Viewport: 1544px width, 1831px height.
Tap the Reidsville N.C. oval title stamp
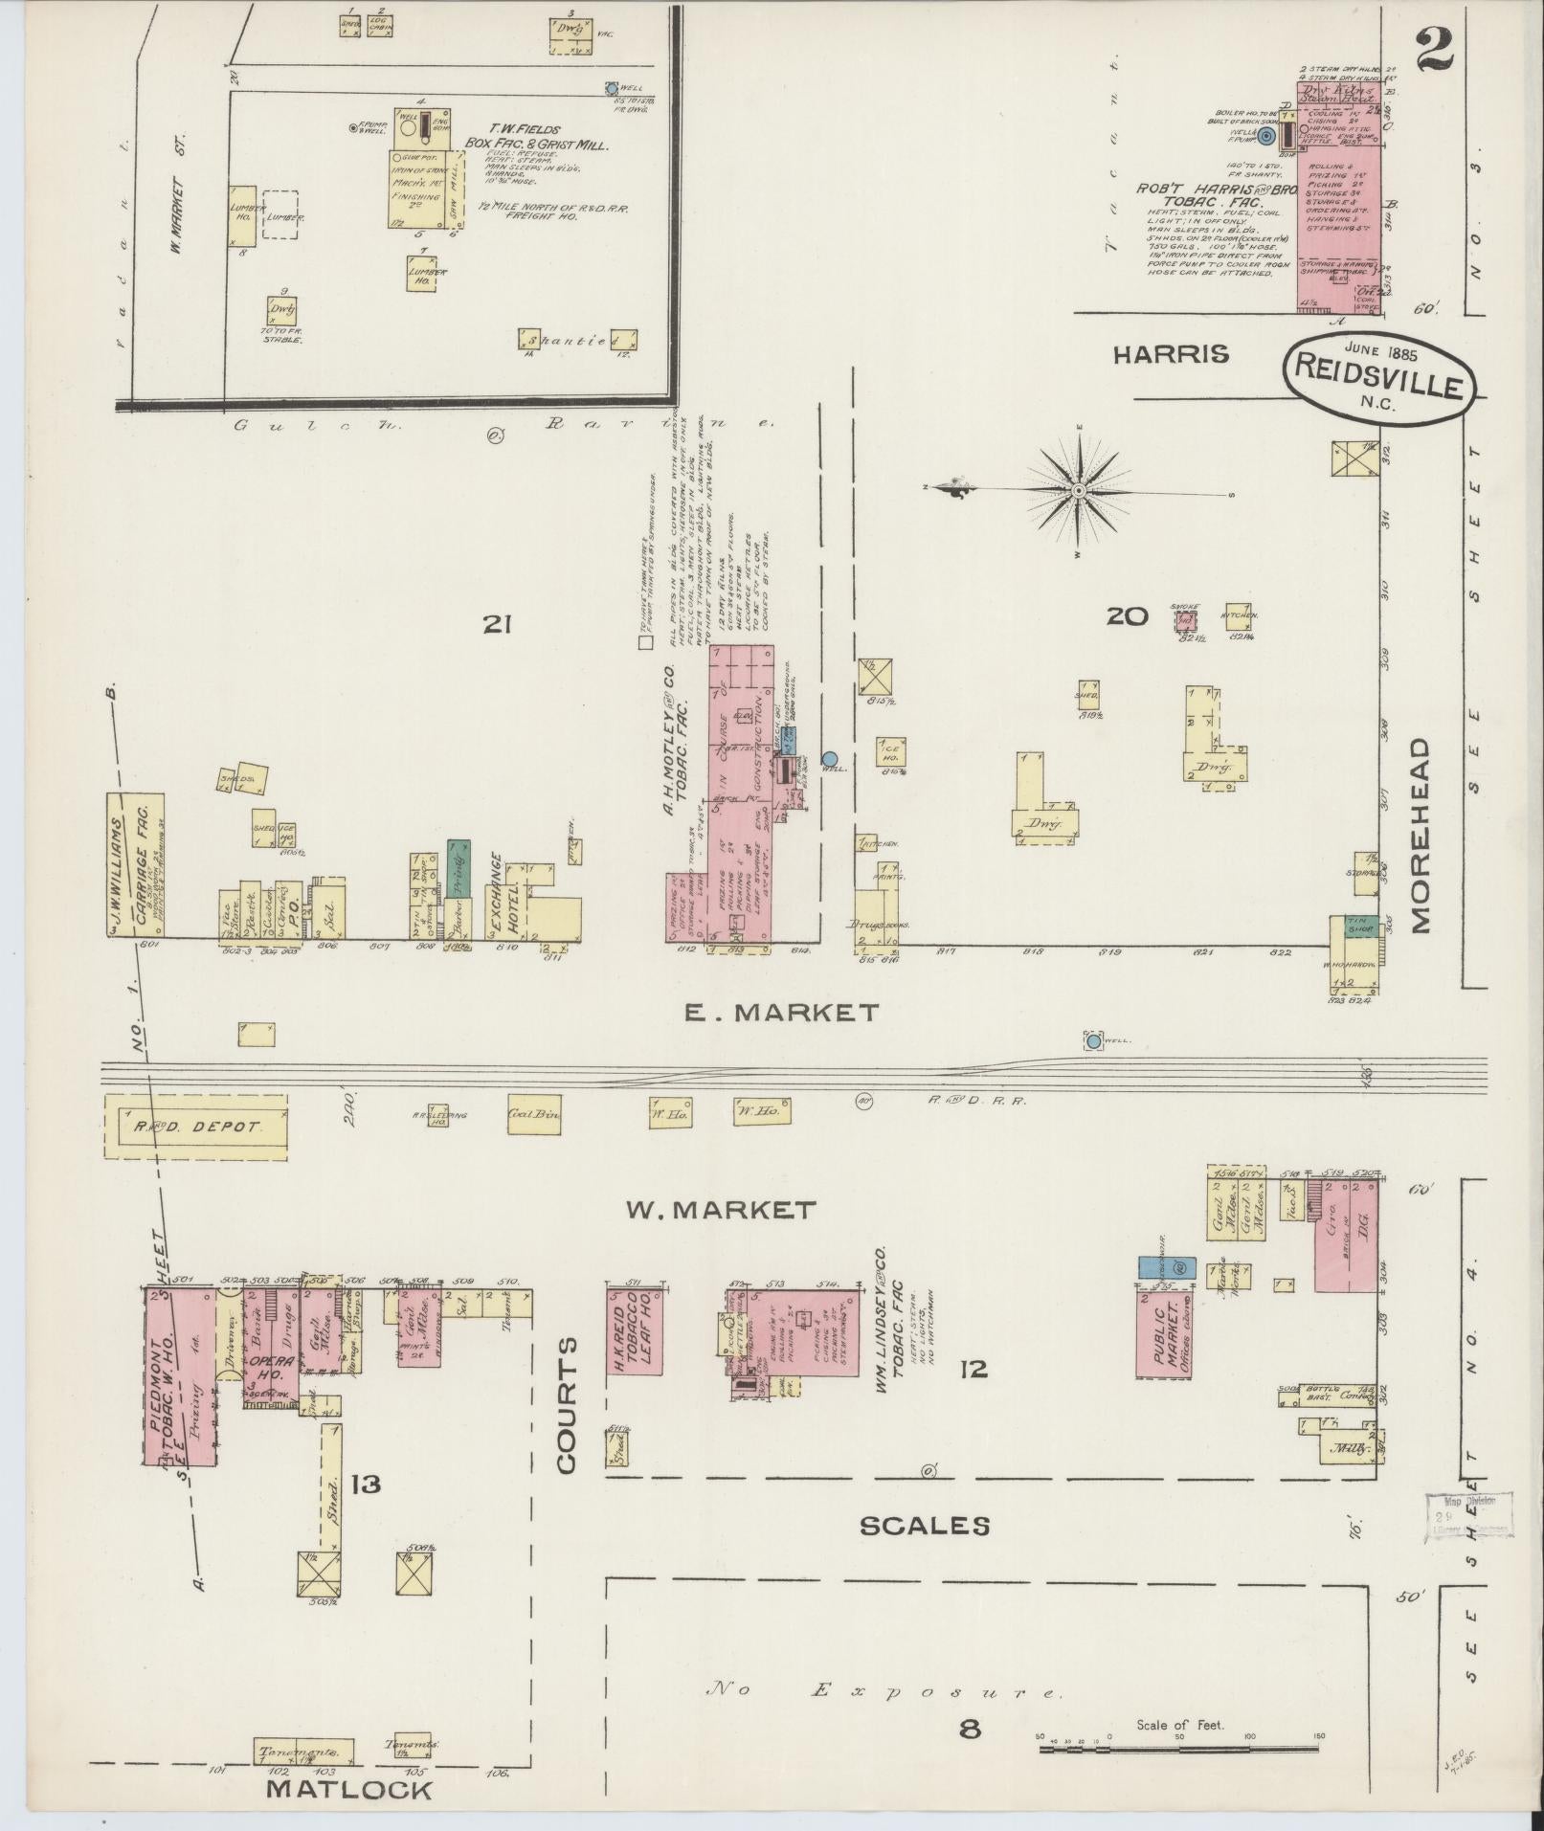(x=1379, y=377)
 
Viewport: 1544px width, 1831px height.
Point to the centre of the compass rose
(x=1078, y=491)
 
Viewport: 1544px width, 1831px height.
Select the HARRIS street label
(x=1170, y=354)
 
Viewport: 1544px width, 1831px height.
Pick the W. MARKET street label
(x=721, y=1210)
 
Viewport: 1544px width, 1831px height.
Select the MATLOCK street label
(x=348, y=1789)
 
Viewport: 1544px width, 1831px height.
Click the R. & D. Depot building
(x=196, y=1127)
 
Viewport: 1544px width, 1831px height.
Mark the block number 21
(x=496, y=625)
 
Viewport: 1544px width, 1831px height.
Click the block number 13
(x=366, y=1485)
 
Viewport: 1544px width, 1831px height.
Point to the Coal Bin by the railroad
(x=533, y=1114)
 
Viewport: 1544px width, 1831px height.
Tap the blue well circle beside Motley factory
(x=830, y=759)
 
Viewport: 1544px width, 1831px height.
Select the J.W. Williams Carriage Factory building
(x=135, y=864)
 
